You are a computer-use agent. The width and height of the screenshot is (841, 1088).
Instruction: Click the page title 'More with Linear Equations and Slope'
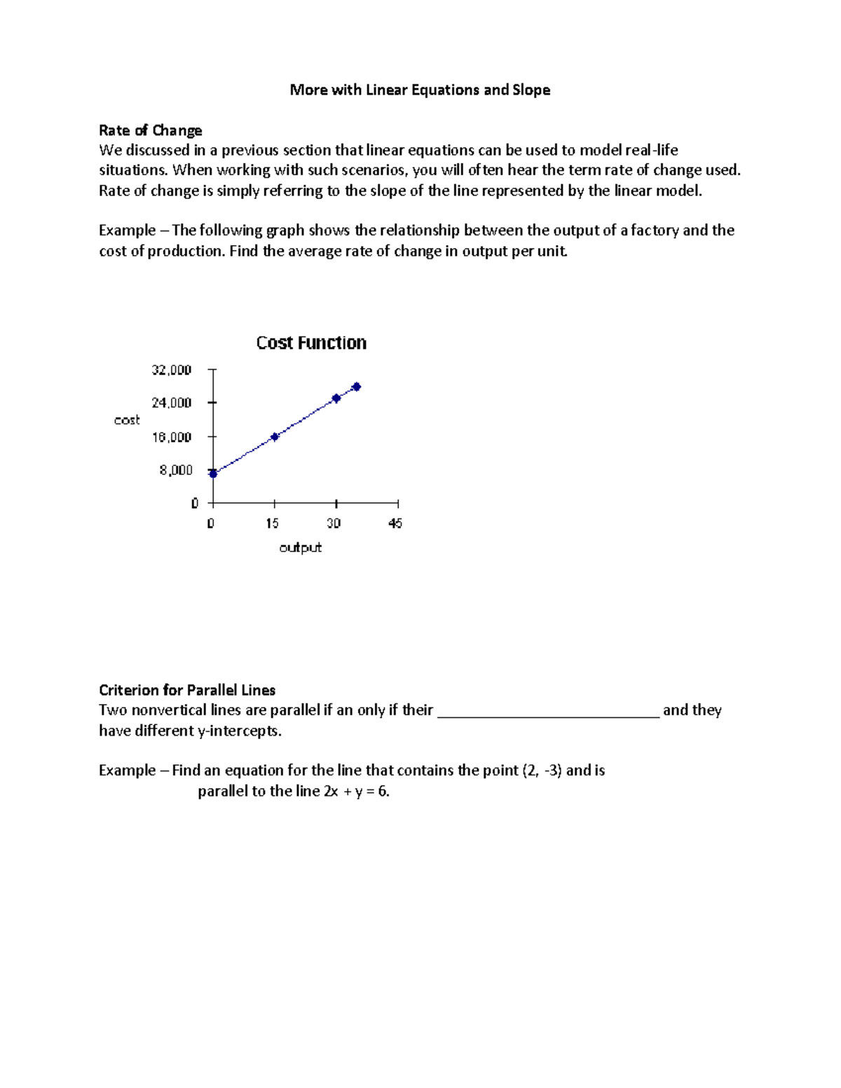click(420, 90)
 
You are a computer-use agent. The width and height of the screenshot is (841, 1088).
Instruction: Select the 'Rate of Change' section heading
click(150, 130)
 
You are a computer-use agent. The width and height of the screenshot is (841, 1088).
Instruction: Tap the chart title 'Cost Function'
click(311, 343)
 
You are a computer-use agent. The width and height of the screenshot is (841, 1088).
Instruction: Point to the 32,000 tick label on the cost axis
click(171, 370)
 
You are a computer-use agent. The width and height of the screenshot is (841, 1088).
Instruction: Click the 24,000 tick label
click(171, 403)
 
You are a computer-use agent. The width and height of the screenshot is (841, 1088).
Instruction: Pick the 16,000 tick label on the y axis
click(171, 437)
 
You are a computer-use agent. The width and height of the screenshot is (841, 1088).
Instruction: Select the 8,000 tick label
click(175, 470)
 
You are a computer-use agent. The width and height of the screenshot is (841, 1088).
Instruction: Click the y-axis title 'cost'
click(127, 420)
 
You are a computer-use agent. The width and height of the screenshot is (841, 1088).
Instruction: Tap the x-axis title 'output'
click(300, 547)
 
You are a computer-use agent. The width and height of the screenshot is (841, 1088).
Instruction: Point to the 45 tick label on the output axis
click(395, 523)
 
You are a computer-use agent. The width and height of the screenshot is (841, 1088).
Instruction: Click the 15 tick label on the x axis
click(272, 523)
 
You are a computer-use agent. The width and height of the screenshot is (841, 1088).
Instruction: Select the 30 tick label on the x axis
click(334, 523)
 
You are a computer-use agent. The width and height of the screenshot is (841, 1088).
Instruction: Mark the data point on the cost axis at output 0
click(213, 474)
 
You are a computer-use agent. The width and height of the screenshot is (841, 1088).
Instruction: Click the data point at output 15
click(275, 436)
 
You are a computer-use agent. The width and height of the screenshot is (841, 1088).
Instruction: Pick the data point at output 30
click(336, 398)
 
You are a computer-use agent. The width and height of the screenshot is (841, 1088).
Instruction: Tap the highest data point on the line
click(356, 387)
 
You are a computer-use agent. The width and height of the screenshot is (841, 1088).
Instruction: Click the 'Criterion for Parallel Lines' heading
click(187, 690)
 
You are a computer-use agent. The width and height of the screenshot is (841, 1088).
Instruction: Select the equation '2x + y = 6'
click(355, 792)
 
